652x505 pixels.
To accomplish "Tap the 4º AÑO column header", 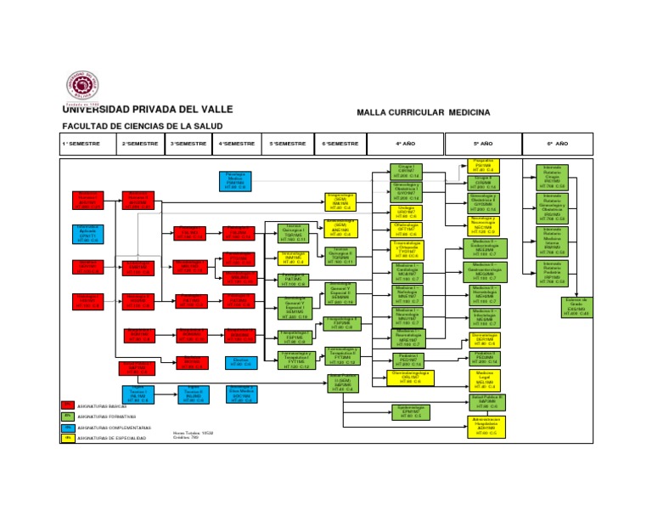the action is [x=407, y=144].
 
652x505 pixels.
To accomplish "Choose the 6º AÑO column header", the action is [x=556, y=144].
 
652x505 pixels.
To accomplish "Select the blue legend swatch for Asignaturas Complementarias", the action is [x=67, y=428].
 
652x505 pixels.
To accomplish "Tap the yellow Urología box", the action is [x=407, y=212].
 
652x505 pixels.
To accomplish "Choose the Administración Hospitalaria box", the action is [x=484, y=426].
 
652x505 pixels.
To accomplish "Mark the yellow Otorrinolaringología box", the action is [x=407, y=377].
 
